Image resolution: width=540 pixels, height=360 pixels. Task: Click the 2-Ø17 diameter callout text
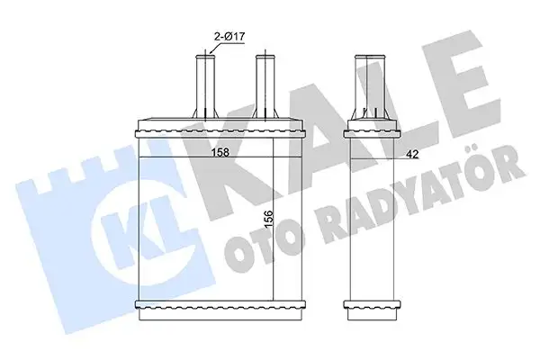point(229,37)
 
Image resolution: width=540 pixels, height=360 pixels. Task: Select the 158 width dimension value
point(220,152)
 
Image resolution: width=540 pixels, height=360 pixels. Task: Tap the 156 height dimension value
point(268,219)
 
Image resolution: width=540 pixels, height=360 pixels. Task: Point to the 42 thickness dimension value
point(412,154)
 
